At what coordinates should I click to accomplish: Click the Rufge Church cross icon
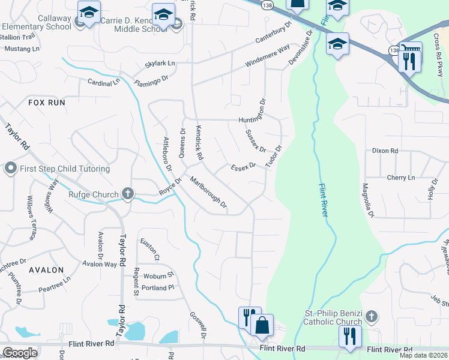127,193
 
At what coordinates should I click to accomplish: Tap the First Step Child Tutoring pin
10,169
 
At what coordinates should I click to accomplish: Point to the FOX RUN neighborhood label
46,103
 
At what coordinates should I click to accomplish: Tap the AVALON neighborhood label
46,270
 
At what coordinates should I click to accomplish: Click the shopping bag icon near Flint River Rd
262,325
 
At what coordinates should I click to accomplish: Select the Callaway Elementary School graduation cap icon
89,11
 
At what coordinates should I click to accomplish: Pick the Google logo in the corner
20,352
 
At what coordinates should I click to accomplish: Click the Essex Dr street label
243,165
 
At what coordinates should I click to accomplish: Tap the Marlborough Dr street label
208,192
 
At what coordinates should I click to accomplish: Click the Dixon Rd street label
385,151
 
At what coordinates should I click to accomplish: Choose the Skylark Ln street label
159,63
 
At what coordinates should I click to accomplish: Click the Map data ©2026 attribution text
425,355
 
